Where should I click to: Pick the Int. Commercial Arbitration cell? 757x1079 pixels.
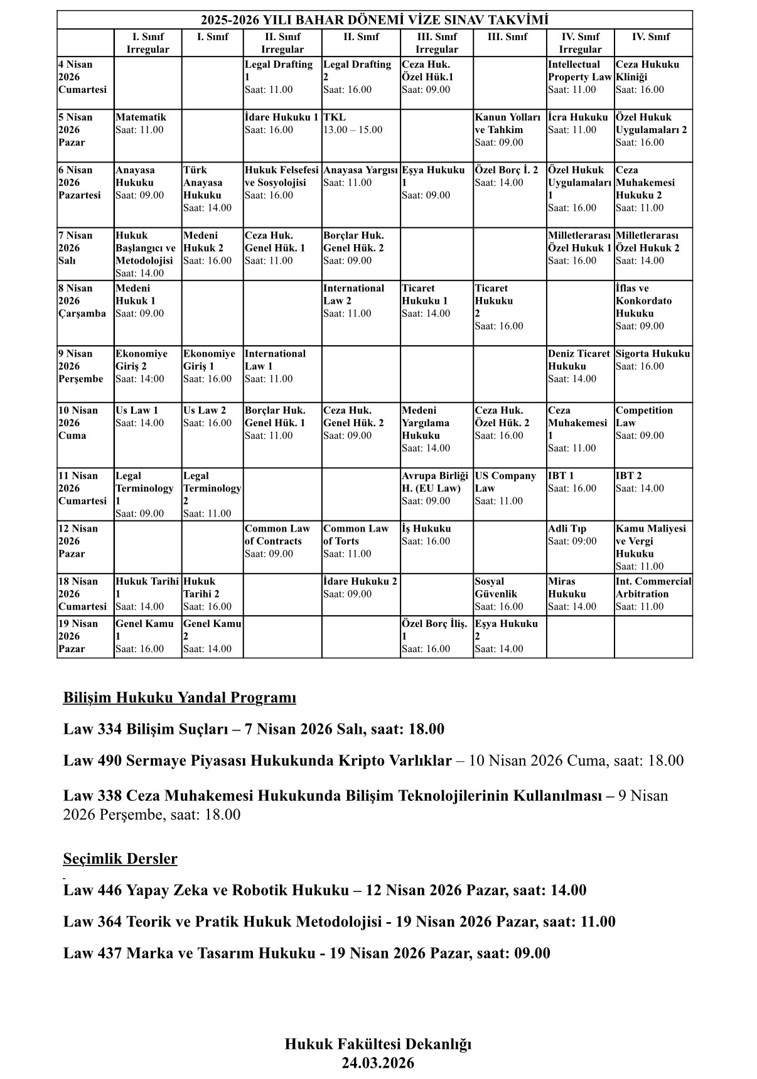pos(653,594)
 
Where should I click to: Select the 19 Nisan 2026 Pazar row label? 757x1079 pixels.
pos(84,636)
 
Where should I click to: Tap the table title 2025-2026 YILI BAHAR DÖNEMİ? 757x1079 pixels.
pos(374,20)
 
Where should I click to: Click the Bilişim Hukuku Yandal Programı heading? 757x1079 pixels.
pos(180,698)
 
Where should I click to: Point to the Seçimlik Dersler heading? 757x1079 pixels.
pos(120,859)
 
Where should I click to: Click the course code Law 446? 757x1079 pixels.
pos(92,890)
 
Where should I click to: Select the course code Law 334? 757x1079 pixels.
pos(92,729)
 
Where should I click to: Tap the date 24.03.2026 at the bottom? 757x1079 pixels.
pos(378,1063)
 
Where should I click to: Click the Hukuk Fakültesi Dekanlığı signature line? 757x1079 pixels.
pos(378,1044)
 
